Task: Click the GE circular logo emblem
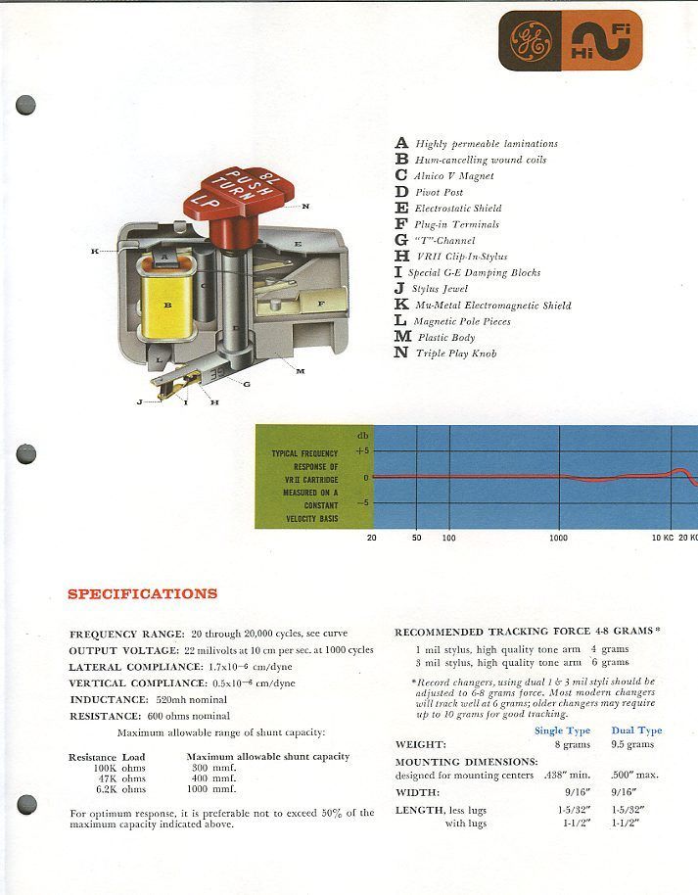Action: click(x=526, y=40)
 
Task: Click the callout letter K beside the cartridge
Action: click(x=95, y=252)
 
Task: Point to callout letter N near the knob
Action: click(x=305, y=206)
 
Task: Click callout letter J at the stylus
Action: click(x=139, y=402)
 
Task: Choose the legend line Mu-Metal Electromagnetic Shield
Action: click(x=492, y=306)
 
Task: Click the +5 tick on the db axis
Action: click(x=362, y=451)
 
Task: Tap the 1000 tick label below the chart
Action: click(x=558, y=539)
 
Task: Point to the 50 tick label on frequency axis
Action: click(x=416, y=539)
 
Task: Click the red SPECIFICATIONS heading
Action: click(x=143, y=593)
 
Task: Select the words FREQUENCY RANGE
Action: click(x=109, y=634)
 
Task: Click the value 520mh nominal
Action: click(x=192, y=700)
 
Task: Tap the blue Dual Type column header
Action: click(x=636, y=730)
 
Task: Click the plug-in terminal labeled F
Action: click(x=320, y=304)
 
